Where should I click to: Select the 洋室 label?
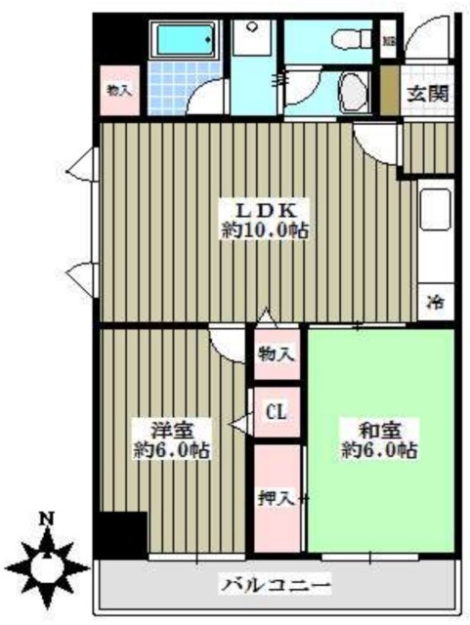coord(171,430)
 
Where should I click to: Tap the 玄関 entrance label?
coord(427,95)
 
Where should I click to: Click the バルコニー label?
coord(276,586)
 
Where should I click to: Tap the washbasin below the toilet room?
coord(353,95)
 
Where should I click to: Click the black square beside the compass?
coord(119,535)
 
